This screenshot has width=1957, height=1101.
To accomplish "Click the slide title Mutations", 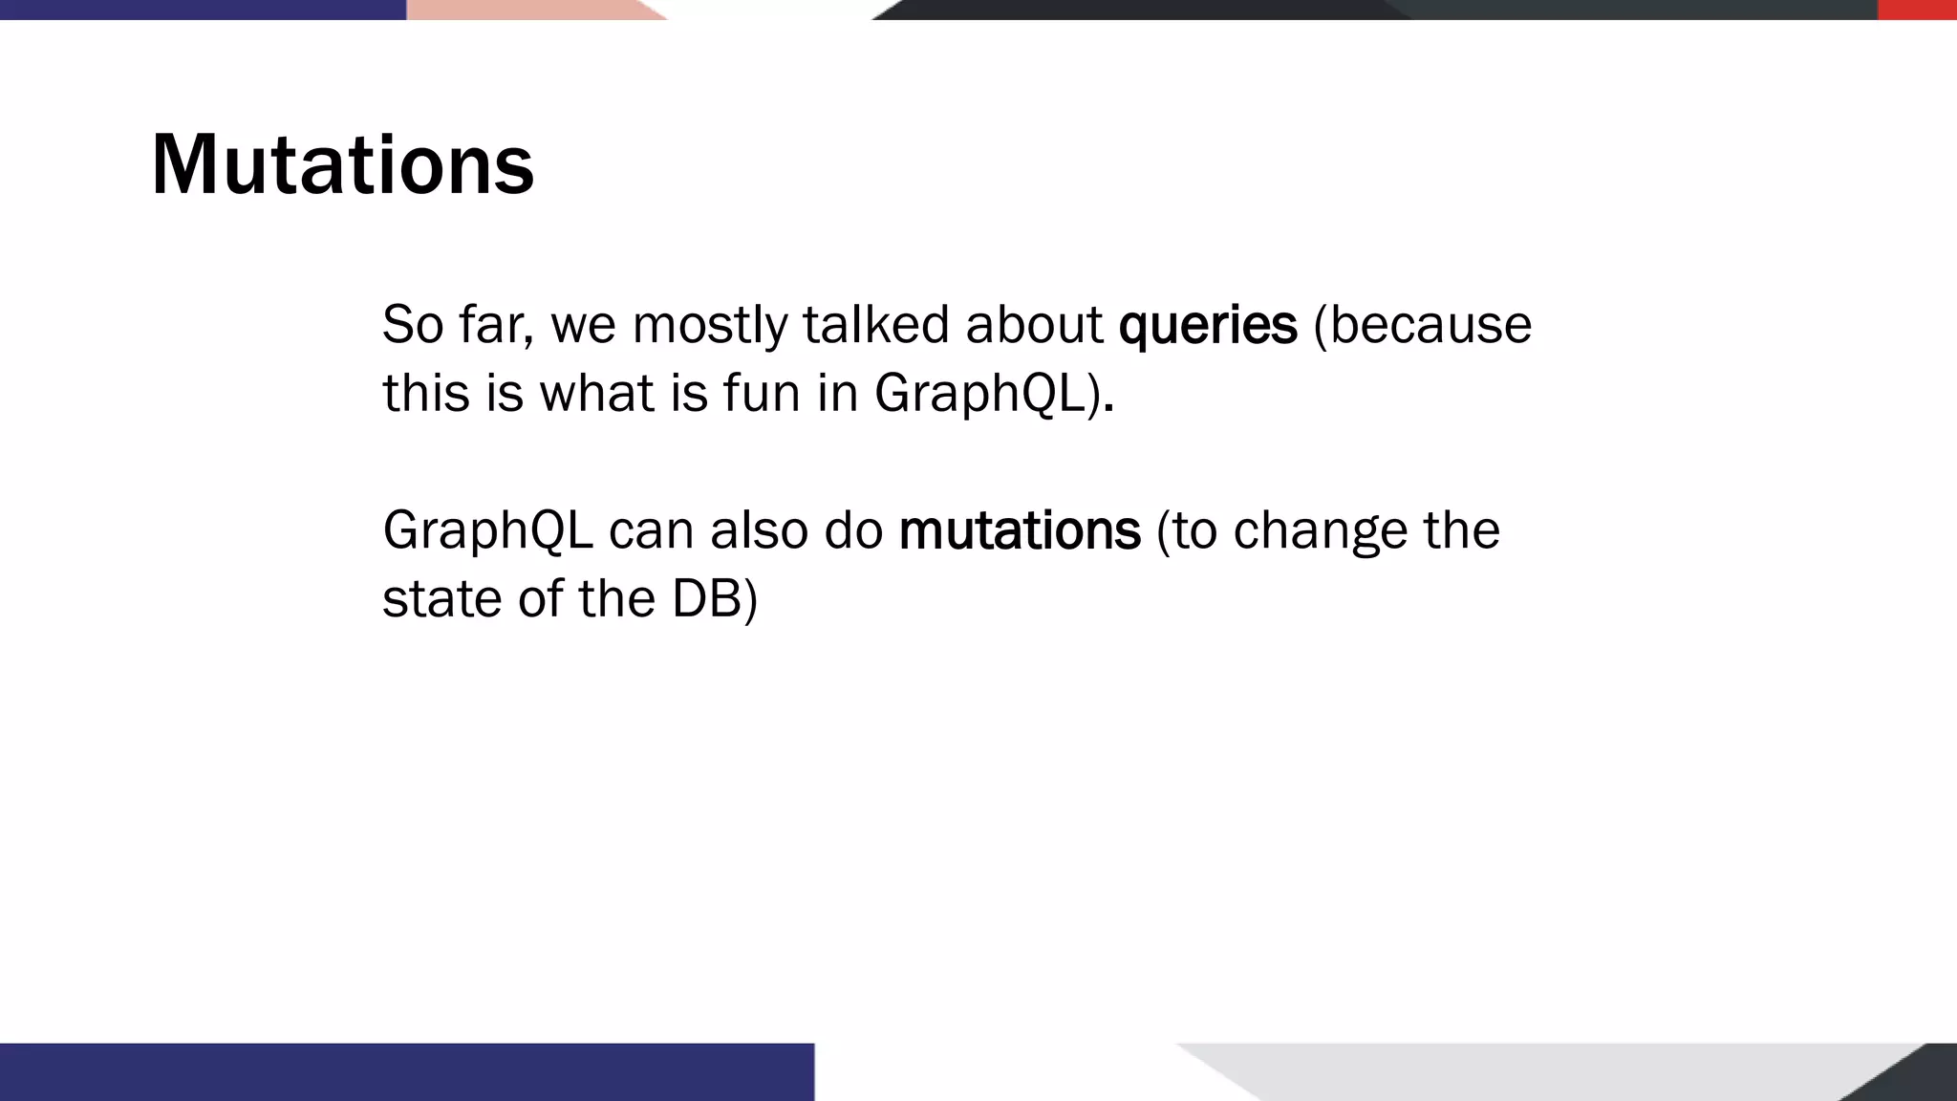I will [342, 164].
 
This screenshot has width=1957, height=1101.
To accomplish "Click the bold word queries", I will [1208, 325].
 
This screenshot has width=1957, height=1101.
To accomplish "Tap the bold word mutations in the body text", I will [1020, 530].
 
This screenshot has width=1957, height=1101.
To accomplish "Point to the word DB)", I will [715, 599].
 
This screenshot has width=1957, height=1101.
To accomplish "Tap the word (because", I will [1423, 325].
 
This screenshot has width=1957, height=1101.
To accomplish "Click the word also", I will [759, 530].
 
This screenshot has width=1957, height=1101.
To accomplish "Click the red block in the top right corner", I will [1917, 10].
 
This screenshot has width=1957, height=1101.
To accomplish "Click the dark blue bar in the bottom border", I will [406, 1072].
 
